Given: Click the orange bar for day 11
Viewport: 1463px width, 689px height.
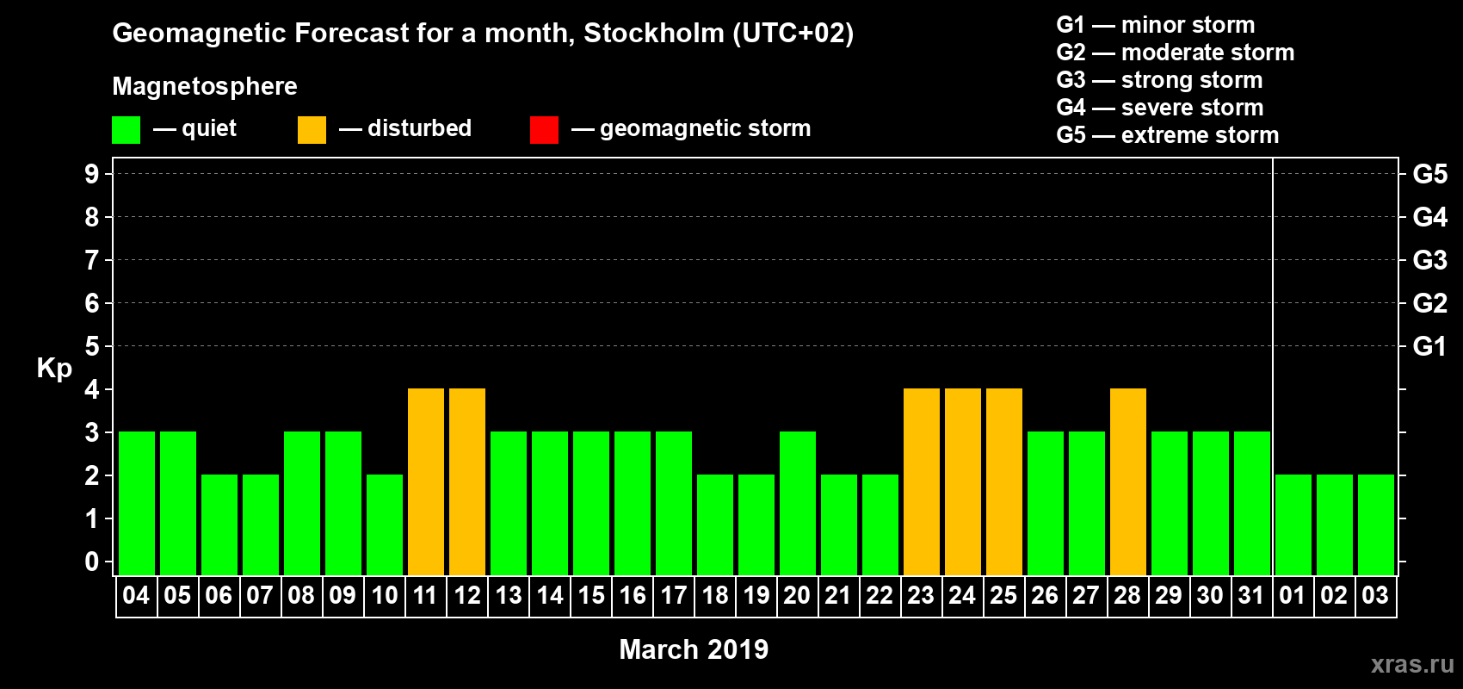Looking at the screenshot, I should click(426, 481).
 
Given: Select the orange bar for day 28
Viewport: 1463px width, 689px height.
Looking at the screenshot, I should click(1128, 481).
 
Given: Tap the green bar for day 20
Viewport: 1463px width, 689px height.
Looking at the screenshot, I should click(798, 503).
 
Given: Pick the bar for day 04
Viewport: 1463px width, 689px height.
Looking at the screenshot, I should click(137, 503).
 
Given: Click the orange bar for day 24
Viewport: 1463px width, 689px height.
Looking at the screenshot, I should click(963, 481).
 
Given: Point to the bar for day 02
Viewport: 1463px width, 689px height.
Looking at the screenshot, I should click(1335, 525).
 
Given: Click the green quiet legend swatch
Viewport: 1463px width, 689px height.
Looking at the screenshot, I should click(127, 130).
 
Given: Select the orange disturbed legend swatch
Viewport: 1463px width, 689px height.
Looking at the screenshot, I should click(312, 130).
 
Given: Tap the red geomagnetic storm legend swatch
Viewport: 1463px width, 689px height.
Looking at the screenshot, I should click(544, 130).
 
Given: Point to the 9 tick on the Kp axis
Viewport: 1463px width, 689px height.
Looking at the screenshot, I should click(92, 174).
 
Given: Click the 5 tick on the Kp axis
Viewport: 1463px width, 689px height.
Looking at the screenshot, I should click(92, 346).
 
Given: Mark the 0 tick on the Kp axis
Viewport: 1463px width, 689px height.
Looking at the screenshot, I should click(92, 562).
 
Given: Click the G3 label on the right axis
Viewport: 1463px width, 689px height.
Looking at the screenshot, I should click(1429, 260).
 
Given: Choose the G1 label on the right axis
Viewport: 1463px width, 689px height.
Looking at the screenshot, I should click(1429, 346).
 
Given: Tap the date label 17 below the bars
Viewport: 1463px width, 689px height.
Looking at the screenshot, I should click(674, 595).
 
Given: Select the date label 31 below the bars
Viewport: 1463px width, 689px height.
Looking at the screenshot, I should click(1251, 595).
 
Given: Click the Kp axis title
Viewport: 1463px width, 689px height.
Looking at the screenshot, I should click(54, 368).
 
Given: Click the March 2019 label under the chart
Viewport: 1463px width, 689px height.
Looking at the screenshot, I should click(694, 649).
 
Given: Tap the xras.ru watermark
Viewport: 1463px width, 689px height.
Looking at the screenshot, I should click(1412, 664).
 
